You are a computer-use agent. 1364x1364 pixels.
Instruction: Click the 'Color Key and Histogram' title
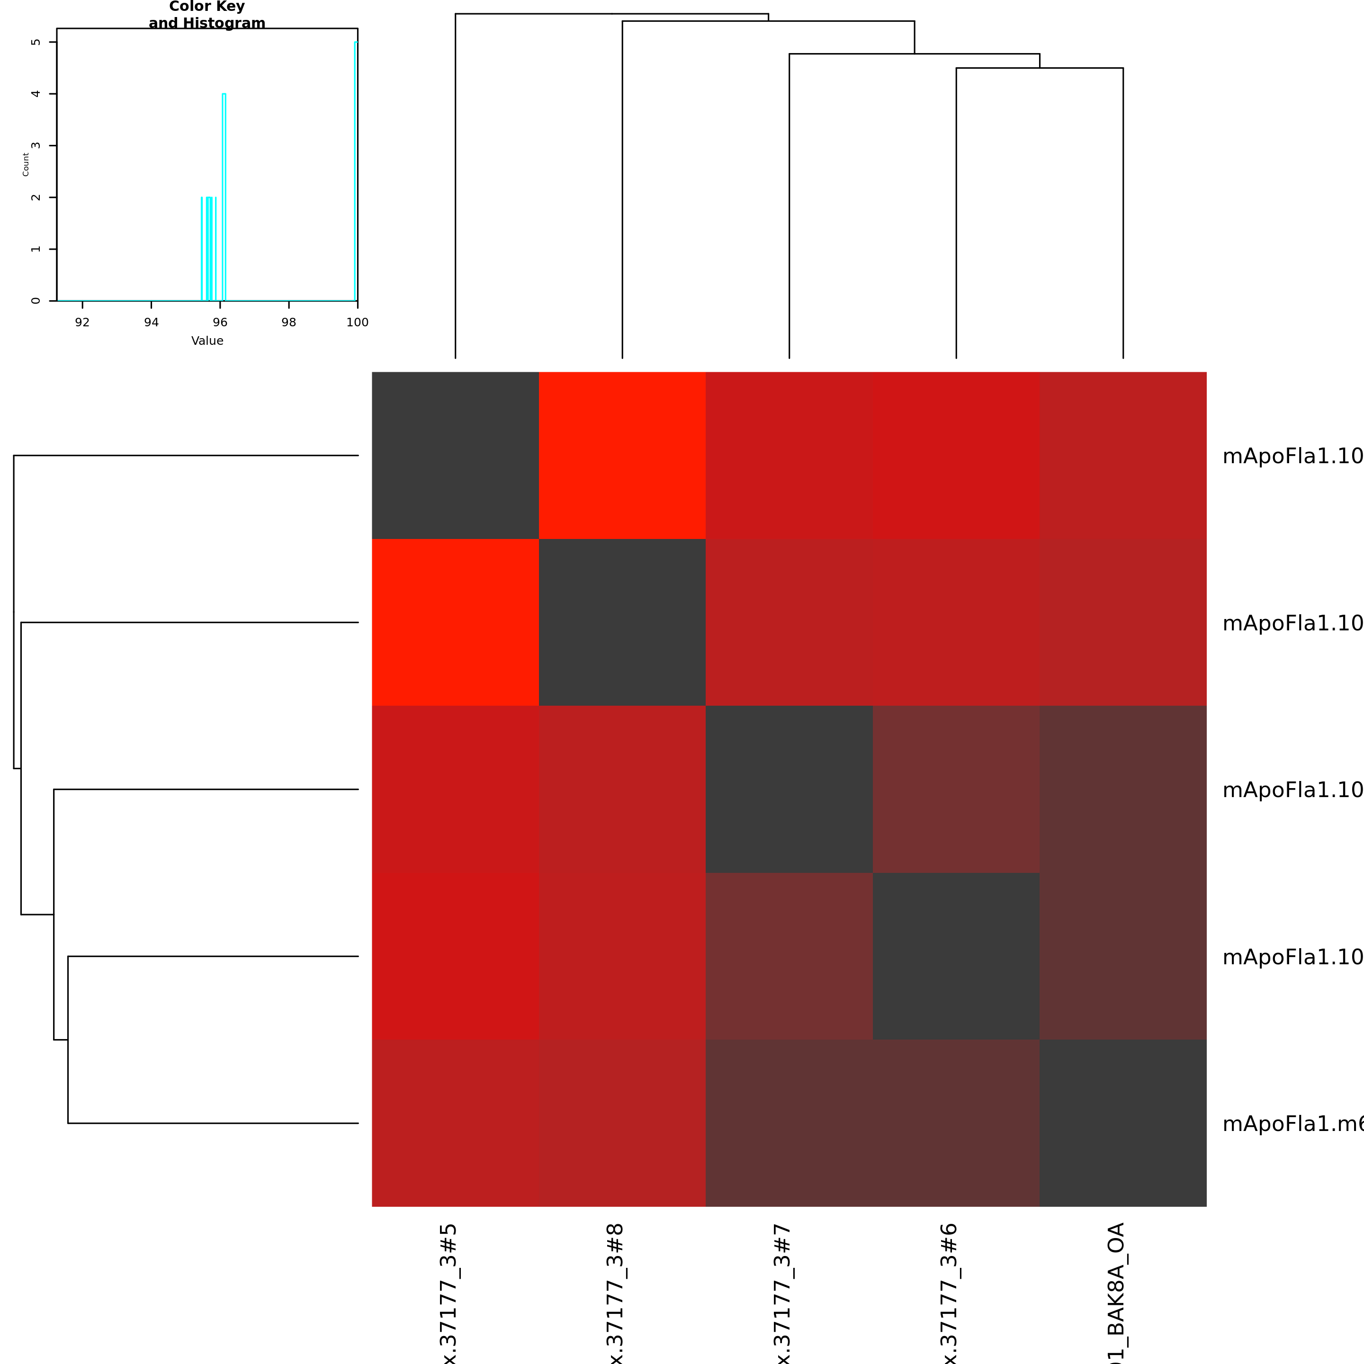pos(207,15)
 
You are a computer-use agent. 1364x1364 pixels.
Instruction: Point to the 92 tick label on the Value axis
pos(82,323)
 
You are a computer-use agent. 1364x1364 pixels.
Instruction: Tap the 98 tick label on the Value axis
pos(289,323)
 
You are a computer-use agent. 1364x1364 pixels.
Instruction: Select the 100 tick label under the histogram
pos(357,323)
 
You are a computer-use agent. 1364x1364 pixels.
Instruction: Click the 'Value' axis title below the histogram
pos(207,341)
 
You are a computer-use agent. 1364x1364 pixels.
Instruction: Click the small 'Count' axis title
pos(26,164)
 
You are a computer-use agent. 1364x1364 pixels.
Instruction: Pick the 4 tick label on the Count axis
pos(36,94)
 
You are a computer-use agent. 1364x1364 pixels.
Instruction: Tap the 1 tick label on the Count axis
pos(36,249)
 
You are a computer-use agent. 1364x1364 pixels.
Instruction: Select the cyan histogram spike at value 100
pos(356,170)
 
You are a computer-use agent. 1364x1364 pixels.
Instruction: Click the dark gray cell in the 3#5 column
pos(455,455)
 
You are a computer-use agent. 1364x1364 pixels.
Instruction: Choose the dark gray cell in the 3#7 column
pos(790,790)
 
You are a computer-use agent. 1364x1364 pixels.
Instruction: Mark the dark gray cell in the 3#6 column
pos(956,956)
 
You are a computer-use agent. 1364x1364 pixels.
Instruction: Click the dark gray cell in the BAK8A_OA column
pos(1122,1122)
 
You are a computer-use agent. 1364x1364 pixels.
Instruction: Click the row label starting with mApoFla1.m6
pos(1292,1123)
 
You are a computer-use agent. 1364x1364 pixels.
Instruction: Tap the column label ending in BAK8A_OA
pos(1115,1292)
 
